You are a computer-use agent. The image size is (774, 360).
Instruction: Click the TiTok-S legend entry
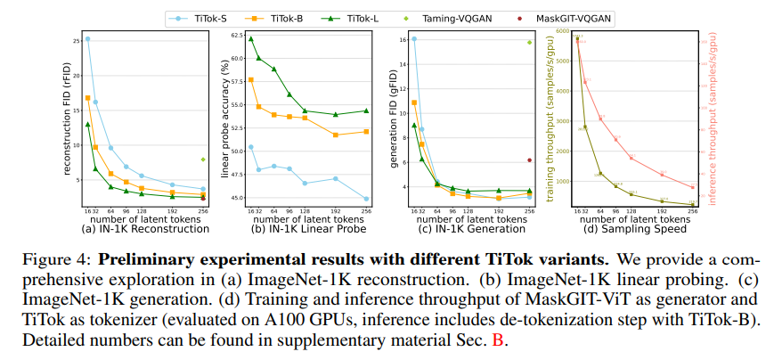click(209, 17)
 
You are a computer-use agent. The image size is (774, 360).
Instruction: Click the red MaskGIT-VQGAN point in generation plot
click(529, 160)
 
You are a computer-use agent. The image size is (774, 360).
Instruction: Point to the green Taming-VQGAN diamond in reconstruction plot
click(203, 160)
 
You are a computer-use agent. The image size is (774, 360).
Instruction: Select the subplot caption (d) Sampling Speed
click(634, 229)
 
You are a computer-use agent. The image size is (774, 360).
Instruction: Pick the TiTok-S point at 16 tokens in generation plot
click(414, 39)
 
